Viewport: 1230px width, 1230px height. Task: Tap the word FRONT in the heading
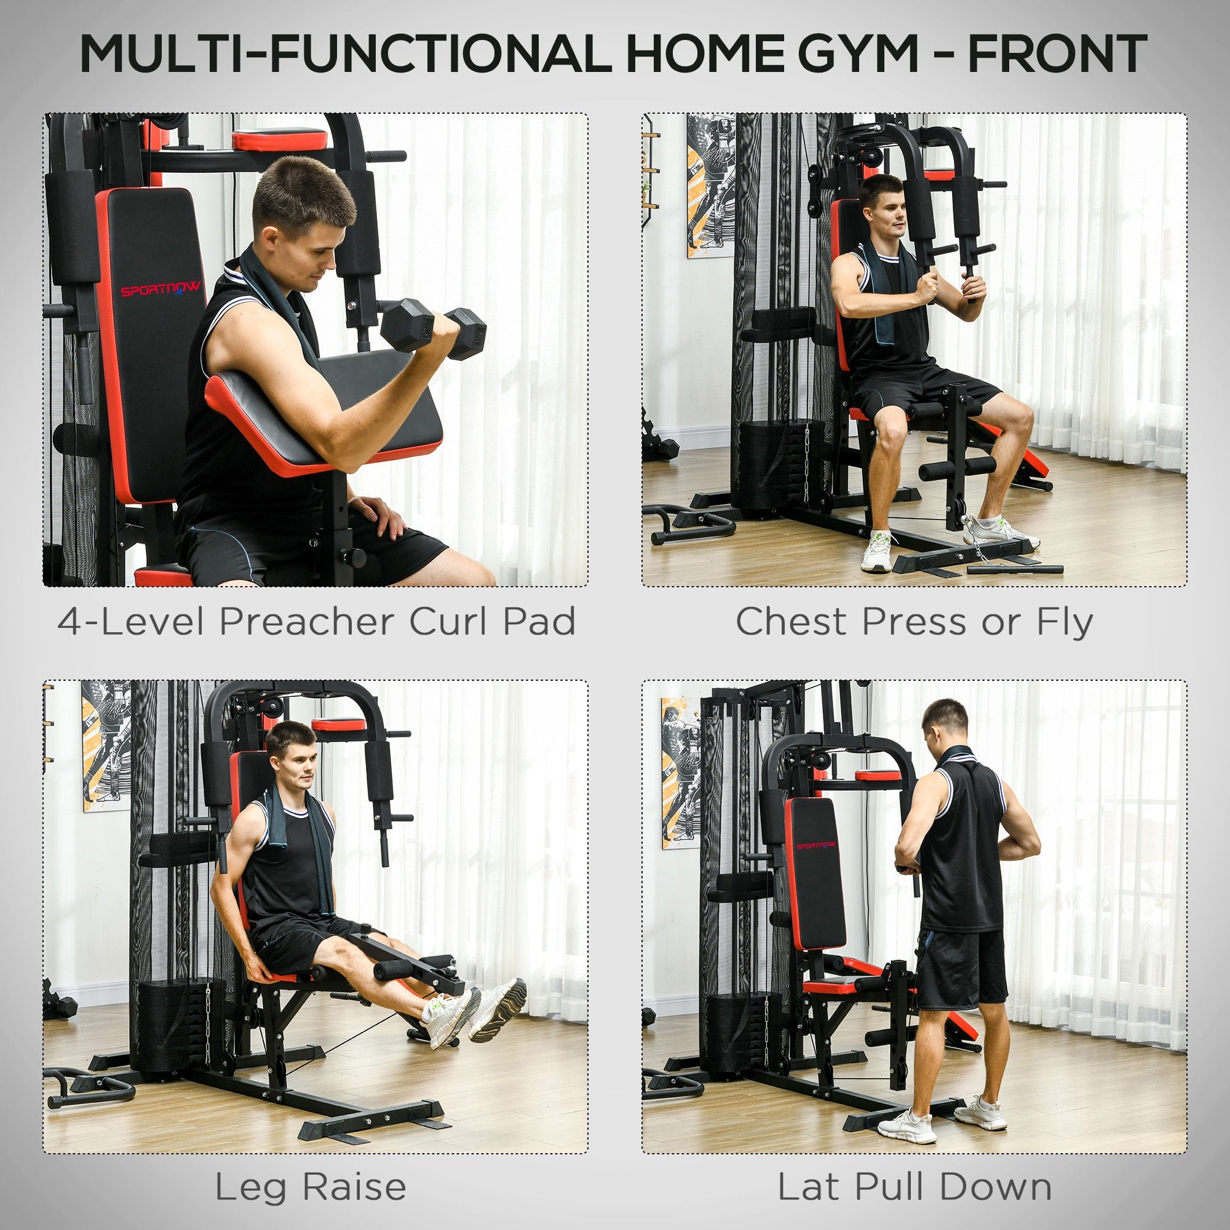point(1057,55)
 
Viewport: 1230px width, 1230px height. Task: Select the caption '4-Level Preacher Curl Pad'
point(316,621)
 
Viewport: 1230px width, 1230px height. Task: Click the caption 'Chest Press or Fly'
point(915,621)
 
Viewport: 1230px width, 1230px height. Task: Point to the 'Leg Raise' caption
point(310,1187)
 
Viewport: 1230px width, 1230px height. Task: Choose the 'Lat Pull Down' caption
point(915,1187)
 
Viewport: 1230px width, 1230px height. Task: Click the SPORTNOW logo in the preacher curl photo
point(161,288)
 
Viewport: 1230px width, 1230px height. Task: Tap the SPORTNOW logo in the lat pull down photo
point(817,846)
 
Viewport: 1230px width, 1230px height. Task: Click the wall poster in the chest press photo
point(710,186)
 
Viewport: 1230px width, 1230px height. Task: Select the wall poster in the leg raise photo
point(105,745)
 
